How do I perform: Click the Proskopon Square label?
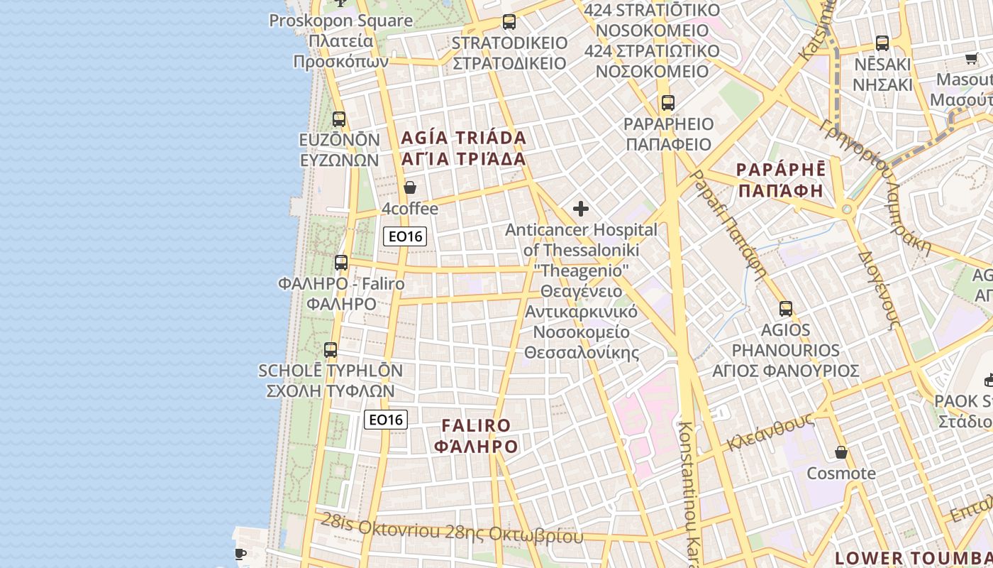(x=340, y=21)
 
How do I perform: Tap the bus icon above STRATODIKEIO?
(x=509, y=22)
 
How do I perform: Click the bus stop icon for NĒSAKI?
(x=882, y=43)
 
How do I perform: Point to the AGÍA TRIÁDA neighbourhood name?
(x=464, y=138)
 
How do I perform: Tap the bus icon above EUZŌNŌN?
(x=339, y=119)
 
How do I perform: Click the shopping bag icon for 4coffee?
(x=409, y=188)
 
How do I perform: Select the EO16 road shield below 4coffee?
(x=405, y=236)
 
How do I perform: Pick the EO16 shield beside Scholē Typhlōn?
(x=386, y=420)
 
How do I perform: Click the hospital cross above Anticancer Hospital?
(x=581, y=209)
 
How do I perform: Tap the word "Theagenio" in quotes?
(x=581, y=271)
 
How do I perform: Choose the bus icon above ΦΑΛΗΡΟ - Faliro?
(x=341, y=263)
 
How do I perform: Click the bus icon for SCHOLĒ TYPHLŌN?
(x=331, y=349)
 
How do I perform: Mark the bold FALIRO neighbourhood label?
(x=476, y=425)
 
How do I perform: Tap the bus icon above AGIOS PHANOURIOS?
(x=786, y=309)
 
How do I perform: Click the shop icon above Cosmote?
(x=841, y=452)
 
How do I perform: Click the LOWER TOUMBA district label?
(x=914, y=557)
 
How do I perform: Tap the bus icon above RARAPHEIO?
(x=667, y=103)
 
